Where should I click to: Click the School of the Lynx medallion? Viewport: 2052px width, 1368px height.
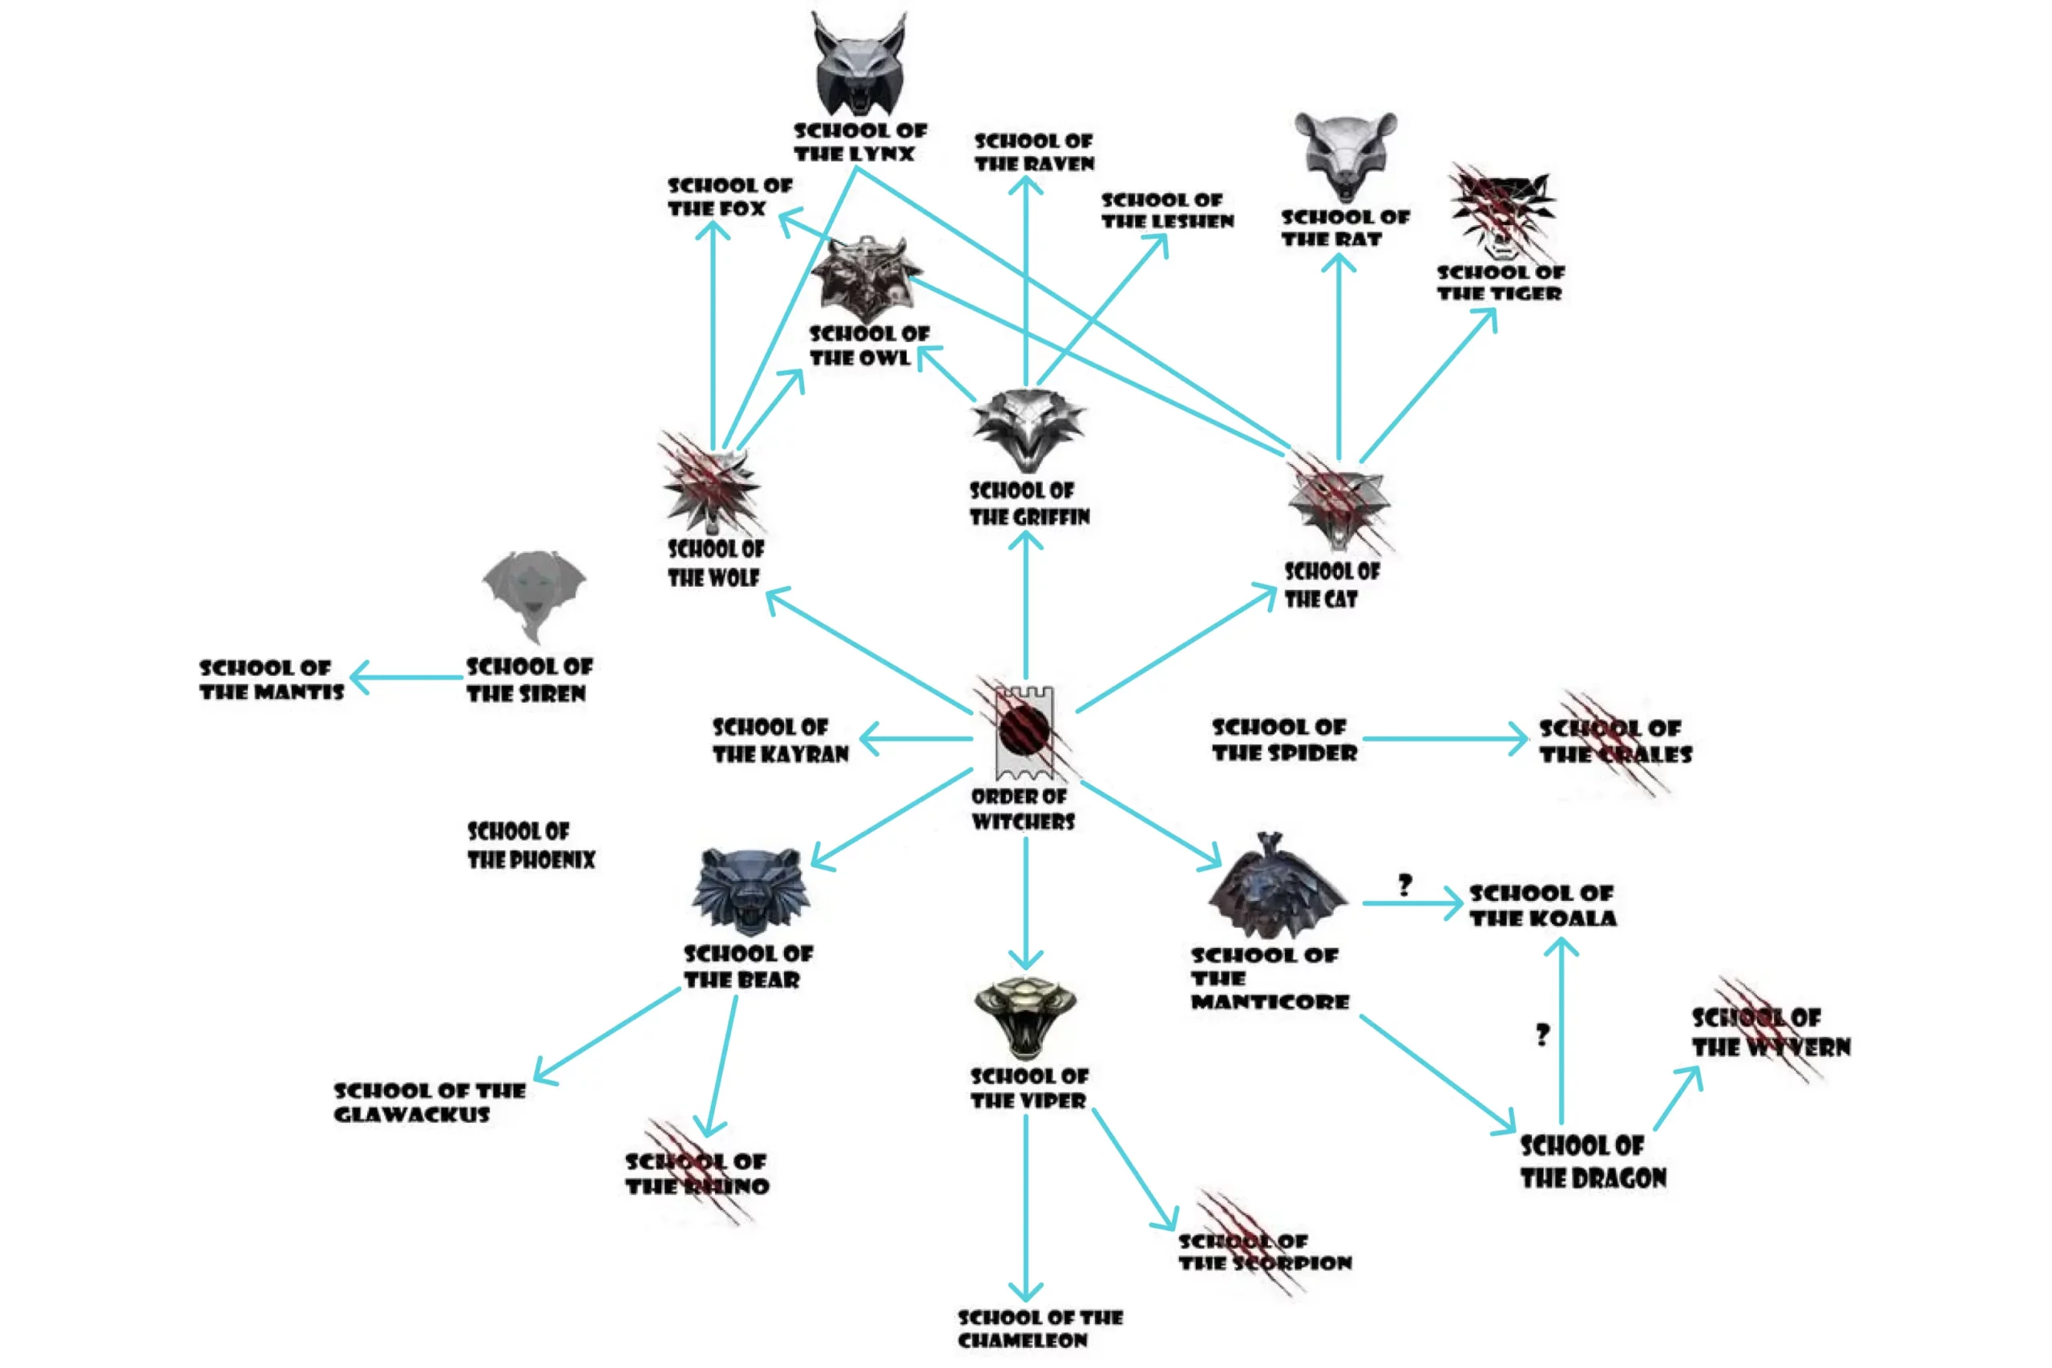pos(859,66)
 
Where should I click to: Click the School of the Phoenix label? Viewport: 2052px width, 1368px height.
pos(531,845)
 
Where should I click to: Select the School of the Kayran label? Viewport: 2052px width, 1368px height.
pos(780,740)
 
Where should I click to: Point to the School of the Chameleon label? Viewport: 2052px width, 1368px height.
pos(1040,1328)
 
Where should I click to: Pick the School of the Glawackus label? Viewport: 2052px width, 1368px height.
pos(430,1102)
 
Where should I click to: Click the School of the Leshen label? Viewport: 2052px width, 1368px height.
pos(1166,210)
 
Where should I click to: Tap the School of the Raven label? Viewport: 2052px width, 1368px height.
pos(1034,151)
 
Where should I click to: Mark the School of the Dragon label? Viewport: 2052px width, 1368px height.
pos(1592,1161)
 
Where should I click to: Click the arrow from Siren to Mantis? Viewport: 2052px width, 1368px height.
pos(406,677)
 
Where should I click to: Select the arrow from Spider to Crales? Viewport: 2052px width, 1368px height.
pos(1444,739)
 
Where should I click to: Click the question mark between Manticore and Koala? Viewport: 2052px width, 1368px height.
pos(1404,886)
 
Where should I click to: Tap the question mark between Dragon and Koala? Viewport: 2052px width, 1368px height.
pos(1542,1035)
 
